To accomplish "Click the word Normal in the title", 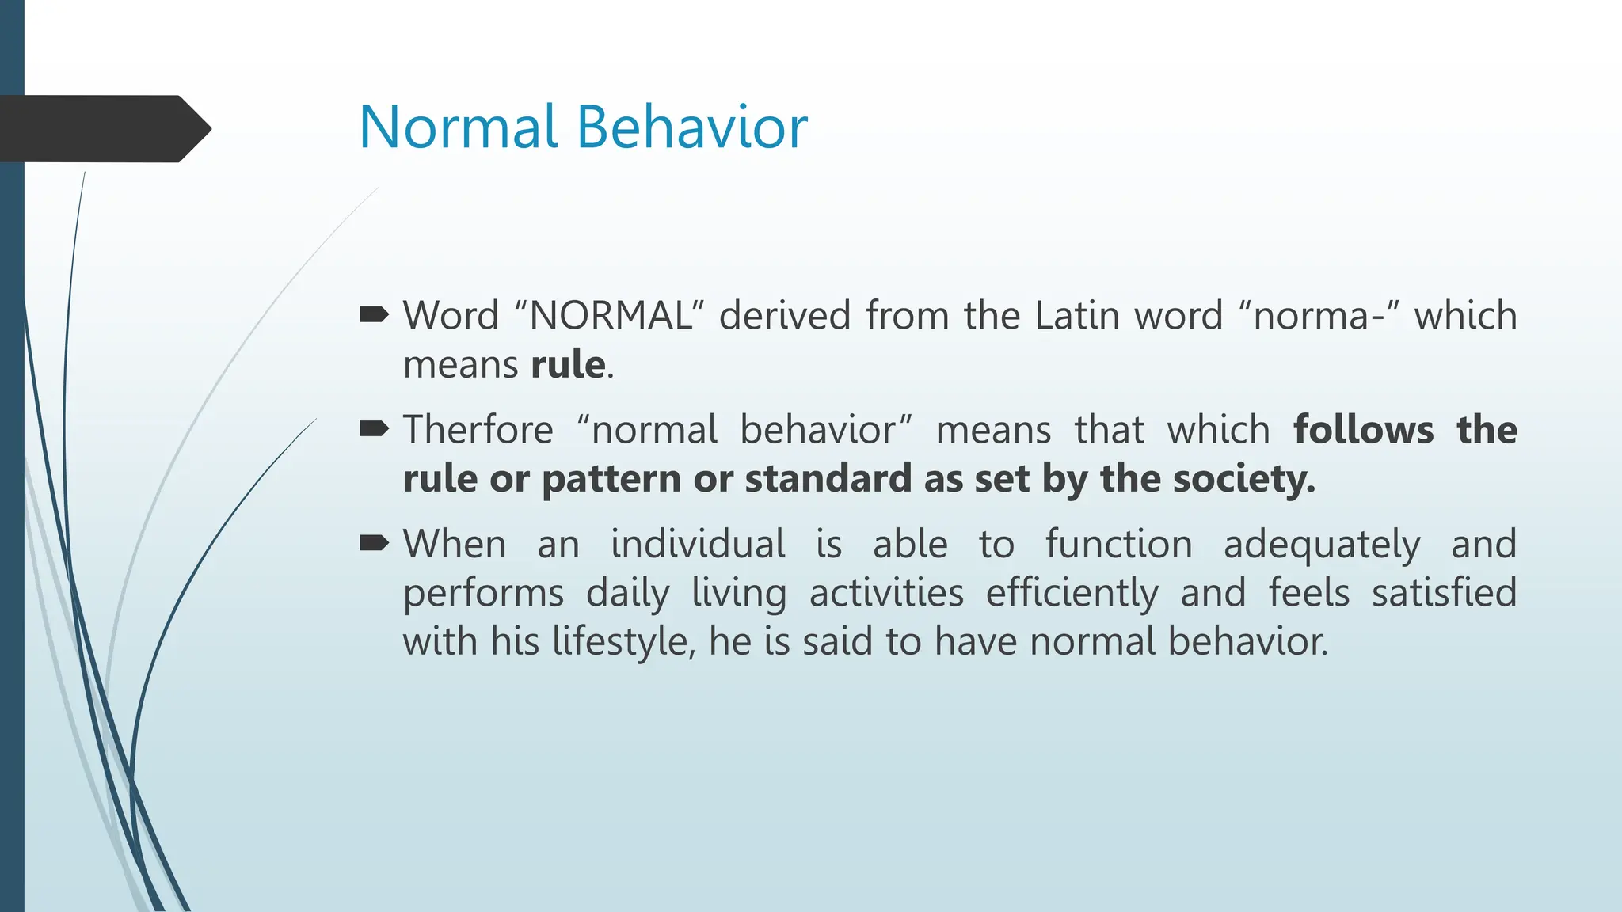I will (x=459, y=127).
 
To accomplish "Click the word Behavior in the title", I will (x=692, y=127).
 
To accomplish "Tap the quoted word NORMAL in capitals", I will (x=610, y=316).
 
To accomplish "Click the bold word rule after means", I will (x=568, y=365).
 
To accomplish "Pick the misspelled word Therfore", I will (x=478, y=430).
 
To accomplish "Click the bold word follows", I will (x=1363, y=430).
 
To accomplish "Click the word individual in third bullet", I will (x=698, y=545).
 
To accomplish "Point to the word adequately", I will (x=1322, y=545).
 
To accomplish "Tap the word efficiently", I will (x=1072, y=594).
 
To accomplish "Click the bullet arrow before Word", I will (x=374, y=316).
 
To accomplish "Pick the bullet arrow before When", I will (x=374, y=544).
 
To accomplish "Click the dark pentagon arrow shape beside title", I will (x=103, y=129).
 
